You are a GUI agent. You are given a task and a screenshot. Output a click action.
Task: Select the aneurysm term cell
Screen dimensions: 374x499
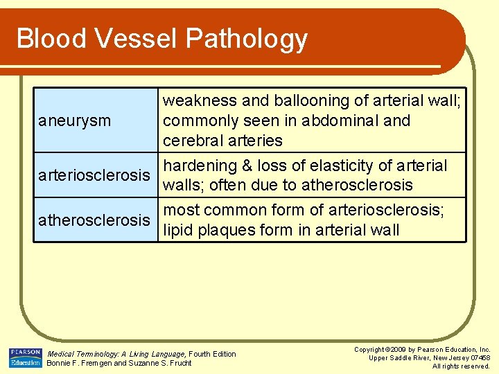click(x=76, y=121)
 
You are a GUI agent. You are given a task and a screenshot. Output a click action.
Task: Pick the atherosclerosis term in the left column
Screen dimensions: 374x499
click(x=94, y=220)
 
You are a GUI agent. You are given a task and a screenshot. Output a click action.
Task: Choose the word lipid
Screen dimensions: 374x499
click(x=178, y=231)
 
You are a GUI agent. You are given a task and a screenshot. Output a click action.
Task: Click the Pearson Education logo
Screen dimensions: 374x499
click(x=25, y=357)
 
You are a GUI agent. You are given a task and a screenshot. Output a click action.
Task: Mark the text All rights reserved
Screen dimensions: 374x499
click(x=461, y=366)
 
